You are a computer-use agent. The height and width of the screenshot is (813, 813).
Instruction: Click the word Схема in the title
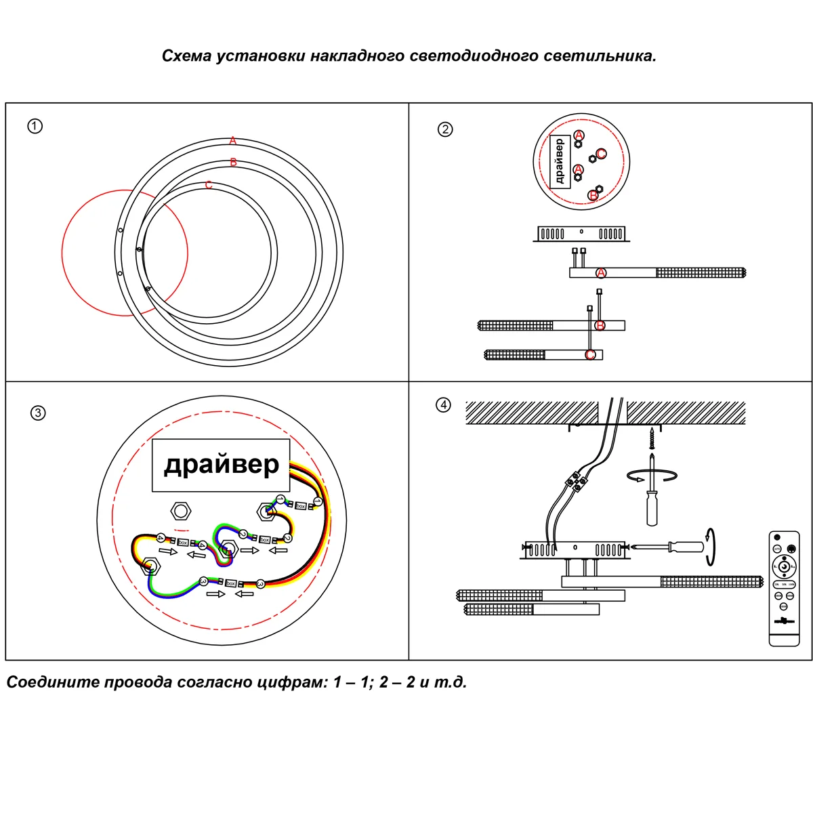click(186, 56)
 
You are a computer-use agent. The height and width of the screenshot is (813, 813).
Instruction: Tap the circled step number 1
click(35, 126)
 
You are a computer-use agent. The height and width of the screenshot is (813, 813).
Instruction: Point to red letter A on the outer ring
click(232, 141)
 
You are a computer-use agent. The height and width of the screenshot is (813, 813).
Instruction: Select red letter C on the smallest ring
click(209, 185)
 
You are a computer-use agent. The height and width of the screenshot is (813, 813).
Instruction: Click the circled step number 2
click(445, 129)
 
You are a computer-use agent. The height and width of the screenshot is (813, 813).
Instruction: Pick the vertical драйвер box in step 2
click(558, 161)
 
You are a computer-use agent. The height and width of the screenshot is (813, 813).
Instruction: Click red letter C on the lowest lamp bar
click(590, 355)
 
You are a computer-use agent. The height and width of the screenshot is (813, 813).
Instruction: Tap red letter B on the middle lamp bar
click(600, 326)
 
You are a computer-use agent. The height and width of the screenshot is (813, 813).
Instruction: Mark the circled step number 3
click(38, 413)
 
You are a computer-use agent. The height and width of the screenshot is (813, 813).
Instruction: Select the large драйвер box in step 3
click(221, 465)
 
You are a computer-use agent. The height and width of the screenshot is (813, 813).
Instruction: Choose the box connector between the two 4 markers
click(182, 541)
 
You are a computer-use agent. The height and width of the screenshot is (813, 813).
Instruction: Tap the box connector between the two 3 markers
click(231, 583)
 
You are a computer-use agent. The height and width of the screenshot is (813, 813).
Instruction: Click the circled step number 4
click(443, 405)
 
